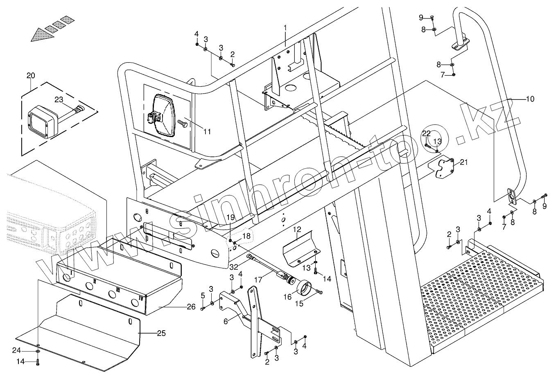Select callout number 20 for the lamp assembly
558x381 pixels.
pos(31,75)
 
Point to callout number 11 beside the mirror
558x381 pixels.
pos(207,131)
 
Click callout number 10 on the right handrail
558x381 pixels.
pos(530,99)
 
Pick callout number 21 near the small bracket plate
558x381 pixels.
pos(463,162)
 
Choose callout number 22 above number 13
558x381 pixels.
pos(427,133)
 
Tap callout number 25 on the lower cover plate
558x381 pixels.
pos(162,334)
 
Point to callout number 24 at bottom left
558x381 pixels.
pos(27,350)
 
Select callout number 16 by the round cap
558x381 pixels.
pos(288,297)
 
